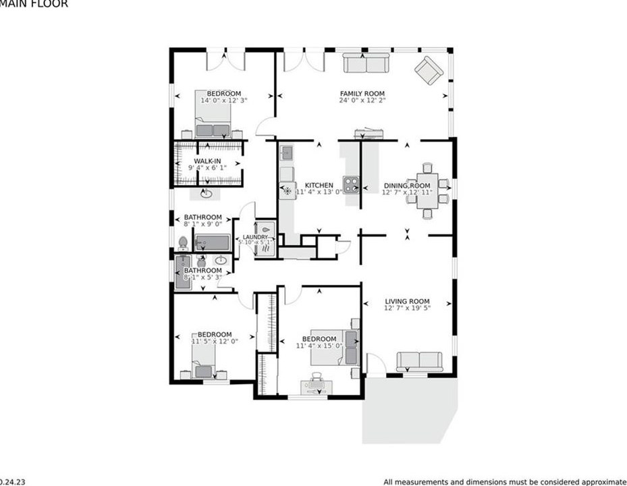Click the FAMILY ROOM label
pyautogui.click(x=362, y=94)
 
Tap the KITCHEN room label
pyautogui.click(x=319, y=185)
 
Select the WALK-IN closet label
pyautogui.click(x=208, y=161)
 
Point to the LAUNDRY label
pyautogui.click(x=256, y=238)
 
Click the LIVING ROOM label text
pyautogui.click(x=407, y=302)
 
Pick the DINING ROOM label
pyautogui.click(x=407, y=186)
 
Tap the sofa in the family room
pyautogui.click(x=365, y=63)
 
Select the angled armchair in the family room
pyautogui.click(x=429, y=70)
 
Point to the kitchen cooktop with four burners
pyautogui.click(x=351, y=184)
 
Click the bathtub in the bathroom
pyautogui.click(x=213, y=242)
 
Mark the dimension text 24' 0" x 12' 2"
pyautogui.click(x=362, y=101)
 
